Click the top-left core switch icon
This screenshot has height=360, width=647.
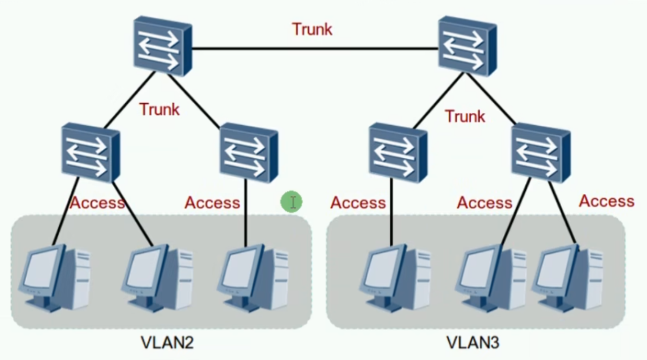click(163, 46)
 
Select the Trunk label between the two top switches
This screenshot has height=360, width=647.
click(312, 29)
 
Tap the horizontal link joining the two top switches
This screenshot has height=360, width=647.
click(315, 49)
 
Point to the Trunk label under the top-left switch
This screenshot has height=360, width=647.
click(159, 110)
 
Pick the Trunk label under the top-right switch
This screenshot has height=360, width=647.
click(465, 116)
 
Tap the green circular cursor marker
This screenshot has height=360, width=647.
click(292, 202)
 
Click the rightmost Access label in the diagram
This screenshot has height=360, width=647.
click(606, 201)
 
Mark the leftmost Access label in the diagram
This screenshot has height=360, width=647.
click(98, 203)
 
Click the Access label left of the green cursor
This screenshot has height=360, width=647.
click(212, 203)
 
